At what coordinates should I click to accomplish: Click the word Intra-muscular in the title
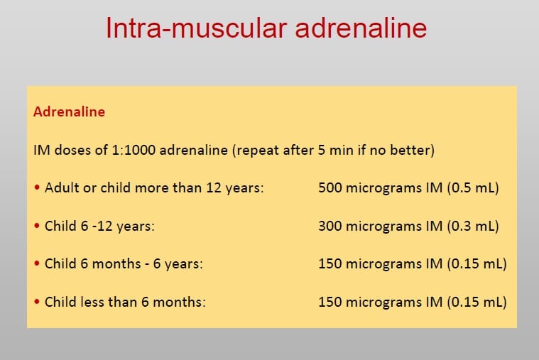coord(196,28)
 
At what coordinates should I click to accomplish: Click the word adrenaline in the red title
coord(361,28)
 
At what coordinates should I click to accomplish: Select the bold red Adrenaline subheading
coord(69,111)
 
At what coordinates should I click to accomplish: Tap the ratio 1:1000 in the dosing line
coord(134,150)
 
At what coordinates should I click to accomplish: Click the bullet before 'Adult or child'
coord(37,187)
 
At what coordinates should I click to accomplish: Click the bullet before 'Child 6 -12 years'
coord(37,226)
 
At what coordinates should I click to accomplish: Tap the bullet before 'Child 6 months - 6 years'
coord(37,263)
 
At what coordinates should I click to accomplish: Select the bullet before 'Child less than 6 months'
coord(37,302)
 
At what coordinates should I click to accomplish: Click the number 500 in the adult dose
coord(330,187)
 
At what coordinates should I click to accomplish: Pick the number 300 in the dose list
coord(330,226)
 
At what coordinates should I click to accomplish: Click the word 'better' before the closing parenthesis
coord(410,150)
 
